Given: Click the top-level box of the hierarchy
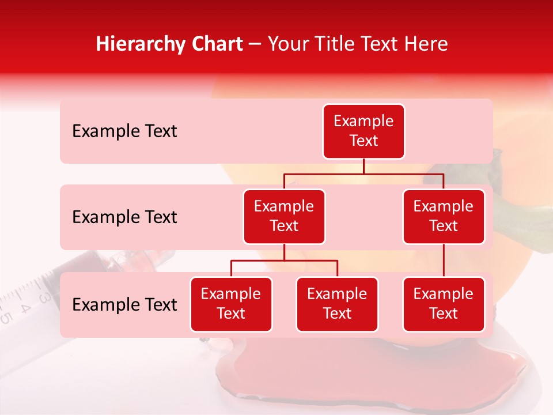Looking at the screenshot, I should pos(363,131).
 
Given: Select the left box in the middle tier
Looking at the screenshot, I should pos(284,216).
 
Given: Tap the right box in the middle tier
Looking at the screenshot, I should pos(444,216).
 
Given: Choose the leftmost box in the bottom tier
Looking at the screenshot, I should pos(231,304).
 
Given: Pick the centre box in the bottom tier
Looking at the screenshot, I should pos(337,304).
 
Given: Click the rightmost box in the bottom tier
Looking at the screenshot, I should pos(444,304).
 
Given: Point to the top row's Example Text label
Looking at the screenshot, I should pos(124,131).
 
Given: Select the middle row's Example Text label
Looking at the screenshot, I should pos(124,217).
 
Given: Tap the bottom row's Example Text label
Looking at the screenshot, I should pos(124,305).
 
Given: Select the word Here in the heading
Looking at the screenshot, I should pos(426,44).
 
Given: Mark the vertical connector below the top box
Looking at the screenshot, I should pos(363,166).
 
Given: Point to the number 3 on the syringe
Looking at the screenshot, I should pos(44,298).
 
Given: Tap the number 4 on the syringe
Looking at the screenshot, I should pos(25,307).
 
